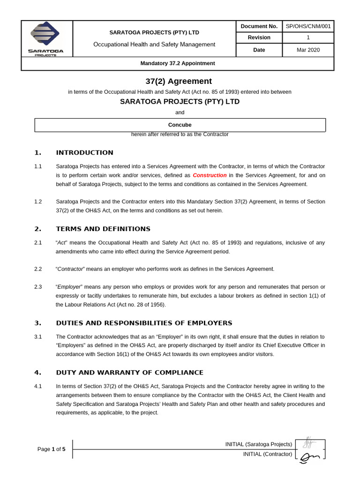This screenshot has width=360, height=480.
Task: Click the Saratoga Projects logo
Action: (45, 38)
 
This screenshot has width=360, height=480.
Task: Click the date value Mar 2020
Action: (308, 50)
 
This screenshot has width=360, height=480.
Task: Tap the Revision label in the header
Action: (259, 37)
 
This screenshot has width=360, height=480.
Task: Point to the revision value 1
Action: (308, 37)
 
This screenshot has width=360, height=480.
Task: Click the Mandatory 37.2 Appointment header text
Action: (178, 63)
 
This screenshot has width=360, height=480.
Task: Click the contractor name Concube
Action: (180, 125)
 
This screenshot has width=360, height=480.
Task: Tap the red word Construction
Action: (210, 175)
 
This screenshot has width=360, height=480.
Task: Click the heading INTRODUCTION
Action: (84, 153)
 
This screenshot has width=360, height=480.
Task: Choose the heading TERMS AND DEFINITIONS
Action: (103, 229)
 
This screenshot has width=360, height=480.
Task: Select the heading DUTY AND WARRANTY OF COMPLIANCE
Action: (129, 373)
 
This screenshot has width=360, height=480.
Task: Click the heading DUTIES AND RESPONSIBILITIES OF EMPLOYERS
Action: (144, 323)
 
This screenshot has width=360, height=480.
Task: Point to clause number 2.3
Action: (38, 286)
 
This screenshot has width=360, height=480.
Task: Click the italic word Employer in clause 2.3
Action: (69, 286)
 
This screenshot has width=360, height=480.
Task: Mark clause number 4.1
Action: (38, 386)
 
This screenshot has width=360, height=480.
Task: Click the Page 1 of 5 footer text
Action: (52, 449)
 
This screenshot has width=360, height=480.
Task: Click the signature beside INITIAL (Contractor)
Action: (309, 456)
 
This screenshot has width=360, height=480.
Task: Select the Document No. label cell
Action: (259, 26)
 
